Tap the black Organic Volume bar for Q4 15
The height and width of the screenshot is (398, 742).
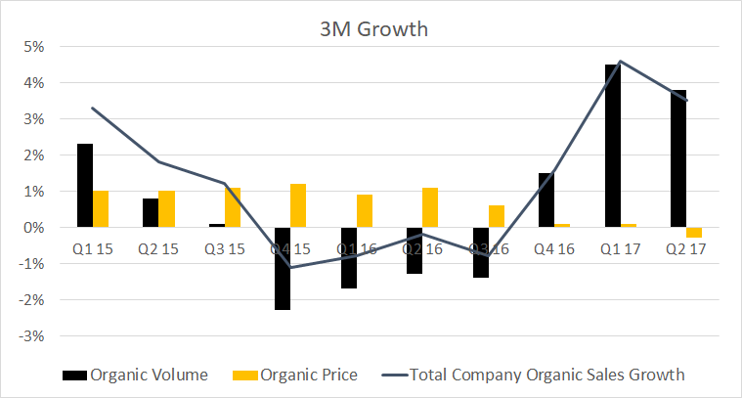click(x=283, y=268)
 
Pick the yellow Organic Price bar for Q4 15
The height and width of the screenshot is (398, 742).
click(x=298, y=205)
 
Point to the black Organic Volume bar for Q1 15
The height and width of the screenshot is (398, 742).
click(x=85, y=186)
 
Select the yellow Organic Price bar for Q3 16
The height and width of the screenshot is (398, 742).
click(x=498, y=216)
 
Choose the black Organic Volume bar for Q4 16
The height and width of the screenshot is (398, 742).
click(x=546, y=200)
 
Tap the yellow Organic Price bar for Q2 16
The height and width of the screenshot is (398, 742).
click(x=430, y=207)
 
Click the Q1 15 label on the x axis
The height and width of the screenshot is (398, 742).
click(x=93, y=248)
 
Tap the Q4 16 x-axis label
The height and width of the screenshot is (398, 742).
click(x=554, y=248)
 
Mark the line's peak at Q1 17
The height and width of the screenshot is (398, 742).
click(x=621, y=61)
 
